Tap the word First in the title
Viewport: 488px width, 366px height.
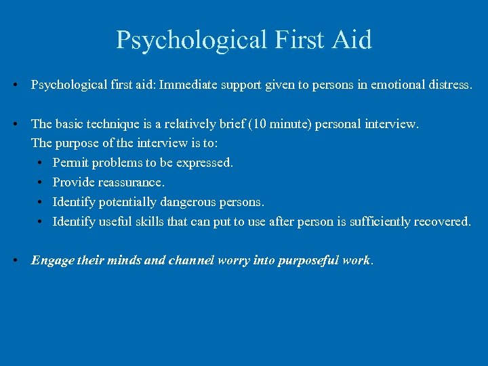pos(299,40)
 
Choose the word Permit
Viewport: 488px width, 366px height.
pos(70,163)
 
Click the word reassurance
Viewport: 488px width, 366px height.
pos(129,183)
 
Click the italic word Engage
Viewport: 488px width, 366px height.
pos(52,260)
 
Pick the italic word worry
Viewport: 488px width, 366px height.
pos(235,260)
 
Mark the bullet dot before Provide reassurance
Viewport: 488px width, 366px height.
pos(41,183)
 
